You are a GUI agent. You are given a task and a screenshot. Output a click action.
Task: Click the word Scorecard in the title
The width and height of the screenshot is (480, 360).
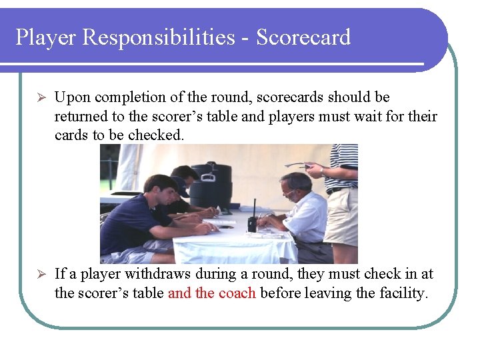[x=303, y=37]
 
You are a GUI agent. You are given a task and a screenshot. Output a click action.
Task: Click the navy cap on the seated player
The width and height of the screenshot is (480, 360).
[x=181, y=187]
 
